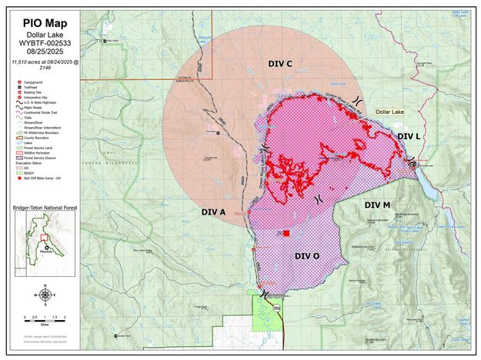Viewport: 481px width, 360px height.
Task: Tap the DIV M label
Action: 377,205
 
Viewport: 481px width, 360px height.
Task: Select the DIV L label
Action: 409,136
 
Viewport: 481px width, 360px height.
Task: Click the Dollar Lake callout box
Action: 389,112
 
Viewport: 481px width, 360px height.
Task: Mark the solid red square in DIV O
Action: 286,233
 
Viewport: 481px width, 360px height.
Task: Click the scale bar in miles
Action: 44,318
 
